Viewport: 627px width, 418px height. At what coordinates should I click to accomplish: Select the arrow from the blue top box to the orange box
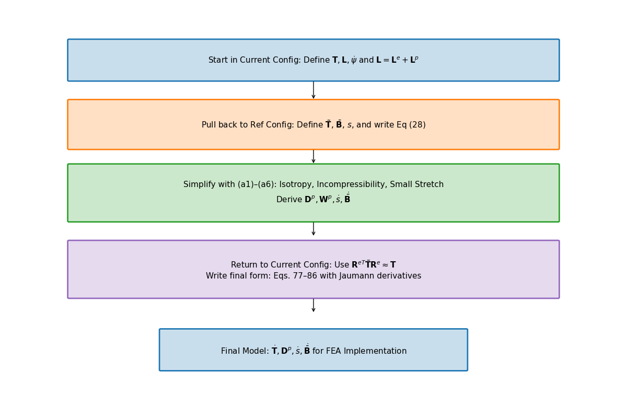click(313, 90)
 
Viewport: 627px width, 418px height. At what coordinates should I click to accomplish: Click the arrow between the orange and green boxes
click(313, 156)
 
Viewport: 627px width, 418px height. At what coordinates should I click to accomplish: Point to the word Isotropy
click(296, 184)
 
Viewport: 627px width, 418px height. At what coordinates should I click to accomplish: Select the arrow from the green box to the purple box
click(313, 229)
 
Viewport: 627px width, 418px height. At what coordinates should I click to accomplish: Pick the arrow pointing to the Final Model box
click(313, 305)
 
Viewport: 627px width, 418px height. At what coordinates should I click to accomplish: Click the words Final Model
click(245, 351)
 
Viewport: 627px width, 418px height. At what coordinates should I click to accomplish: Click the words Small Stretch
click(417, 184)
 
